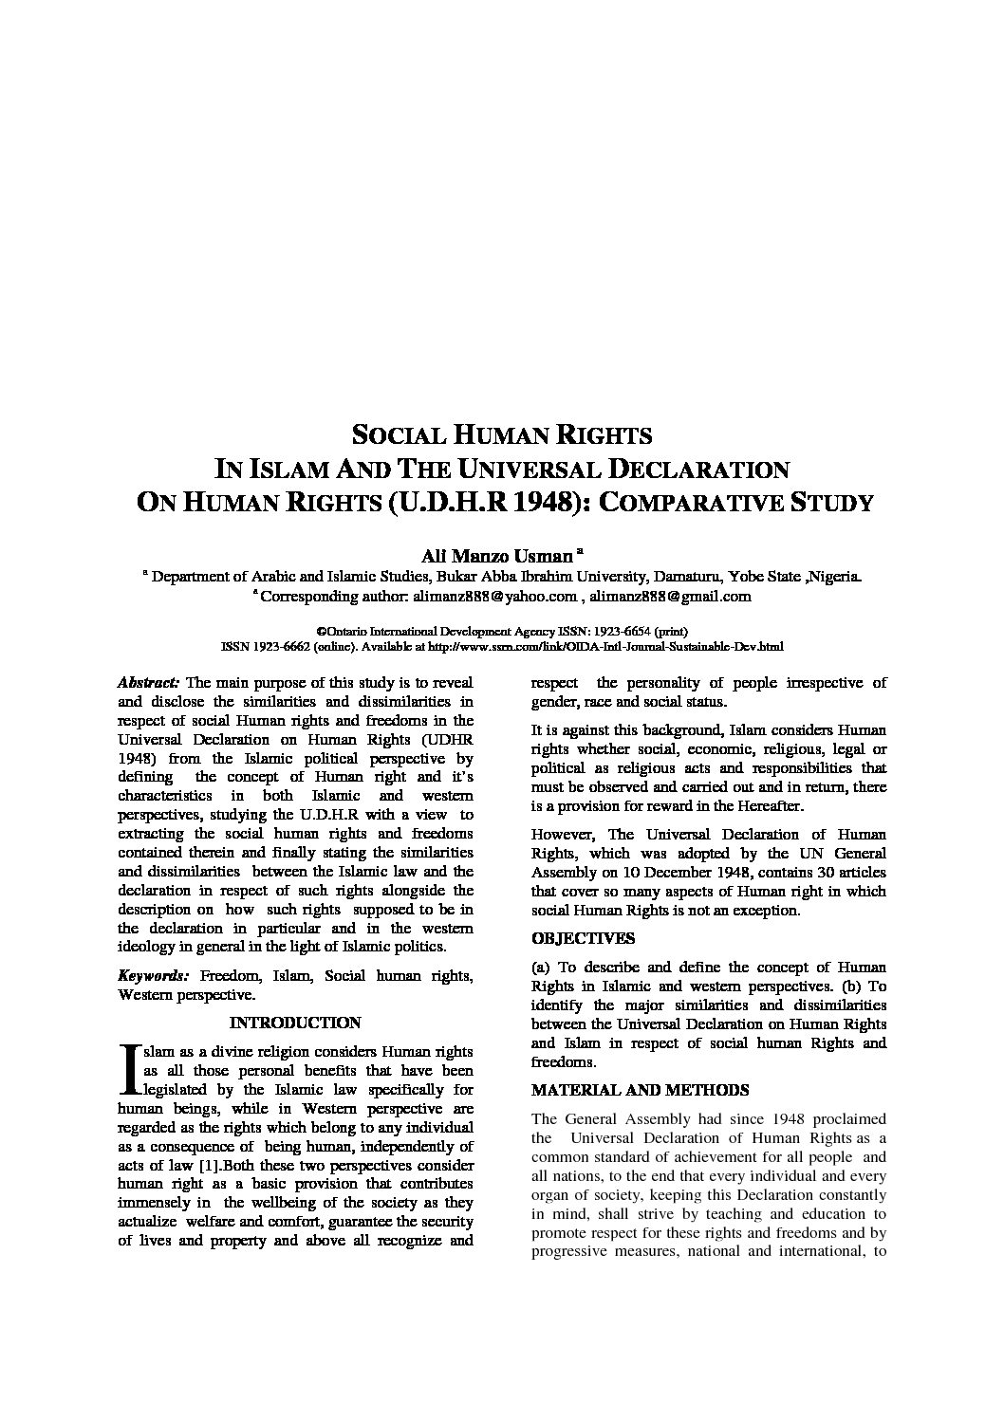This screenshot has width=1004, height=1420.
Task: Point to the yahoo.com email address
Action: point(494,596)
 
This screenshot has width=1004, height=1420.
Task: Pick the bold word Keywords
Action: point(153,975)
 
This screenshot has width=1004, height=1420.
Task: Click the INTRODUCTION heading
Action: point(295,1023)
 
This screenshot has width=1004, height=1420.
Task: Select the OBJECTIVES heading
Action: point(583,938)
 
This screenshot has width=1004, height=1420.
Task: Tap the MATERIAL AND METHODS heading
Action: point(640,1090)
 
